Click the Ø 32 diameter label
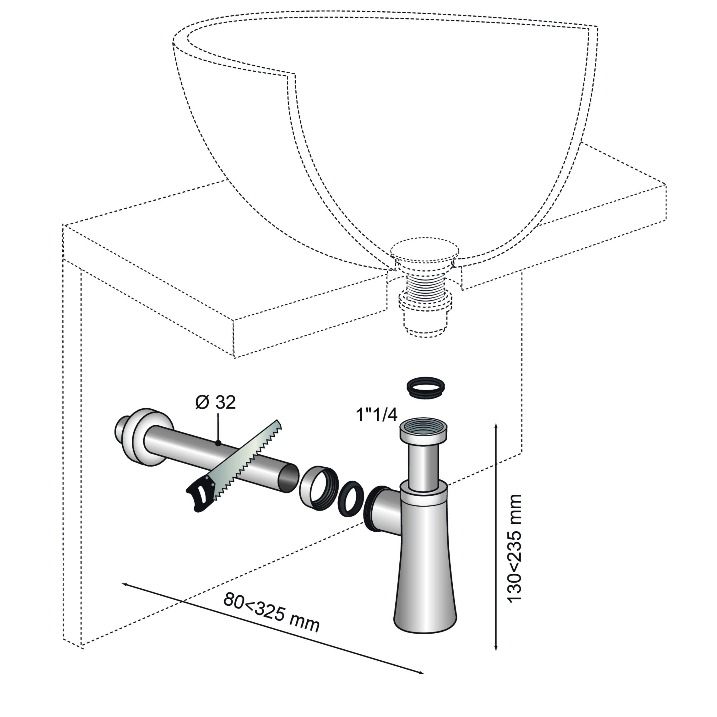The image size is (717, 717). (x=216, y=403)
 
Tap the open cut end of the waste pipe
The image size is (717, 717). (x=288, y=478)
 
